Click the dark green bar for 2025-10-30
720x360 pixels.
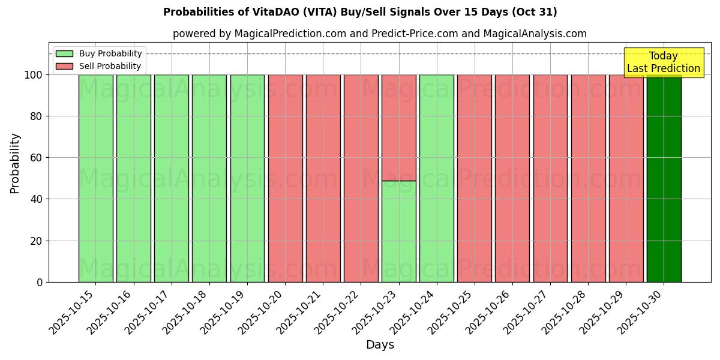coord(664,178)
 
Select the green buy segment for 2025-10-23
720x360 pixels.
coord(398,231)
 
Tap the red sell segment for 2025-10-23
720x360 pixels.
coord(398,127)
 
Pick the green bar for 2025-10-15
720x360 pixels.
coord(95,178)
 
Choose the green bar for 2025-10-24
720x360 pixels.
coord(436,178)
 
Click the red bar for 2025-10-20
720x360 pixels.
coord(285,178)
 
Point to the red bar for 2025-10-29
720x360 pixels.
coord(626,178)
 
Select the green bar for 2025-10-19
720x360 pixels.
coord(247,178)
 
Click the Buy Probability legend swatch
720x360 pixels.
coord(64,54)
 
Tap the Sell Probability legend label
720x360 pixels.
coord(110,66)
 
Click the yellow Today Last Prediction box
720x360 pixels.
coord(663,62)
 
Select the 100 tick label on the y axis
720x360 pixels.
coord(34,75)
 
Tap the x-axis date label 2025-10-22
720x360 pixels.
coord(338,311)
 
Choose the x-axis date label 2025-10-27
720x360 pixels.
coord(527,311)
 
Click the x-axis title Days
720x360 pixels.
coord(380,345)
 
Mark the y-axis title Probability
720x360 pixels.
coord(15,163)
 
